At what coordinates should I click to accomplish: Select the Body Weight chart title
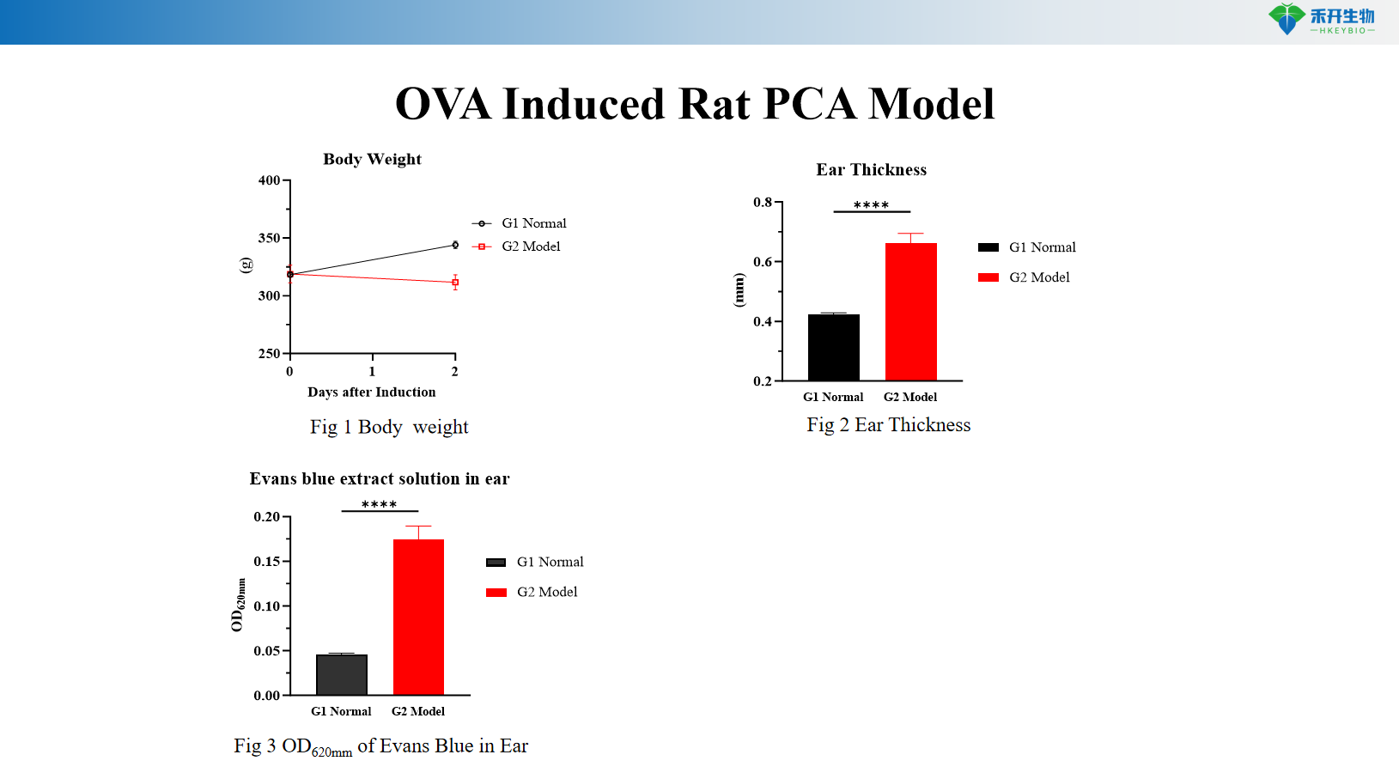point(372,159)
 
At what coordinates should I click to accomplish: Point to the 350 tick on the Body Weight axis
point(270,238)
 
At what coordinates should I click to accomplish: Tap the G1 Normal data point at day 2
point(455,245)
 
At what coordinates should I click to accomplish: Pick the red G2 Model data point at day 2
point(455,282)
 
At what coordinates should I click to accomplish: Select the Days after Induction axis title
point(371,392)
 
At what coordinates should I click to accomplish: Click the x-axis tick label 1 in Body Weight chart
point(372,371)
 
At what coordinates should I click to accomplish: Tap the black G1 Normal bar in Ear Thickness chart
point(833,347)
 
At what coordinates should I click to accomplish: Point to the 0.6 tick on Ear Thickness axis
point(763,262)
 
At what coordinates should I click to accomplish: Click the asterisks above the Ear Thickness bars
point(871,205)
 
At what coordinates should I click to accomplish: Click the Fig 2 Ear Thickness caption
point(888,425)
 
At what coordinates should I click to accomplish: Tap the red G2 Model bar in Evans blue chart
point(418,617)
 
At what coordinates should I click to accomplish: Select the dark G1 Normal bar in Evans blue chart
point(341,674)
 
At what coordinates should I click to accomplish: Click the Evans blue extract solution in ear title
point(380,478)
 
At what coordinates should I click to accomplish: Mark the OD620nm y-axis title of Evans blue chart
point(238,605)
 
